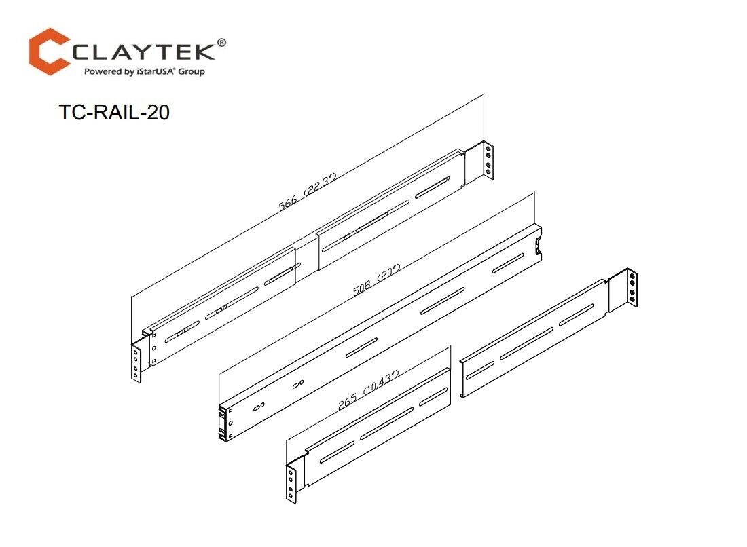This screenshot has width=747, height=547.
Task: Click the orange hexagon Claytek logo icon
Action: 50,50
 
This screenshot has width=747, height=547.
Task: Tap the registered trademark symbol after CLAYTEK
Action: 221,42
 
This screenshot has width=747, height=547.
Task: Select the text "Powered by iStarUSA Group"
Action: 143,71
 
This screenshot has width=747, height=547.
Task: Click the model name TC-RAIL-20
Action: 114,113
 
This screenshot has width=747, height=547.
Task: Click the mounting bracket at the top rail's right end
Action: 488,160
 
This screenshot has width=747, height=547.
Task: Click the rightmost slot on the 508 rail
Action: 508,264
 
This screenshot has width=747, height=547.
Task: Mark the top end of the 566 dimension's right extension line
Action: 483,94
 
